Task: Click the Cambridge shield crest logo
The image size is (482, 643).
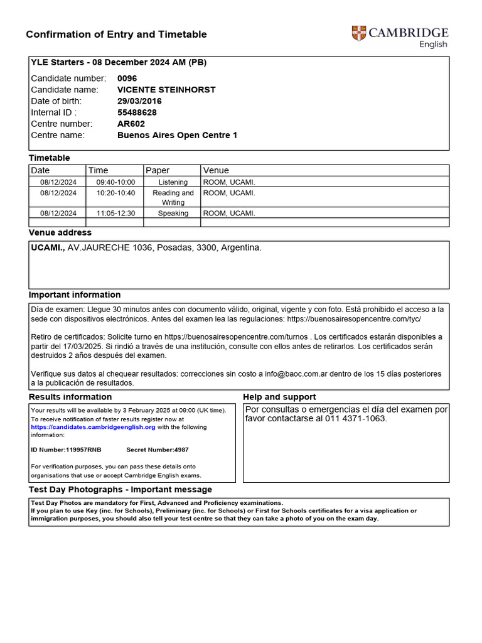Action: pyautogui.click(x=359, y=33)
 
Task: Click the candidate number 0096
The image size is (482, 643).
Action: pyautogui.click(x=127, y=78)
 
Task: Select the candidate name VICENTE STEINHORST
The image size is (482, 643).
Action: pyautogui.click(x=166, y=90)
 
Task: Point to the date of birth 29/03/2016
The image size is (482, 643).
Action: pyautogui.click(x=139, y=101)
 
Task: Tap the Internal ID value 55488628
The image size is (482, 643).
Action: pyautogui.click(x=137, y=112)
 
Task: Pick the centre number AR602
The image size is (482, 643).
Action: pyautogui.click(x=131, y=124)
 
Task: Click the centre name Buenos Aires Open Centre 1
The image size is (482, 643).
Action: pyautogui.click(x=177, y=135)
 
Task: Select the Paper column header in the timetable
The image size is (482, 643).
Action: pyautogui.click(x=158, y=170)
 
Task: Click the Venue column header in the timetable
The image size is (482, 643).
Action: pyautogui.click(x=216, y=170)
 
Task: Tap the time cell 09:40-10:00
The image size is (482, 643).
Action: pyautogui.click(x=115, y=182)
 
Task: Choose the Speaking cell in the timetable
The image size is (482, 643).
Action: pyautogui.click(x=173, y=213)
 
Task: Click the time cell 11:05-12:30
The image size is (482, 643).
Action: pyautogui.click(x=115, y=213)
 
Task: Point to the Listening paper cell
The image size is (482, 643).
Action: pyautogui.click(x=173, y=182)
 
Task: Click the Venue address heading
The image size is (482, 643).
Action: pyautogui.click(x=60, y=233)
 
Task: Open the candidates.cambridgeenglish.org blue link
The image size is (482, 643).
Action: pyautogui.click(x=93, y=427)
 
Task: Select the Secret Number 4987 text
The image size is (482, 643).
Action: pyautogui.click(x=157, y=450)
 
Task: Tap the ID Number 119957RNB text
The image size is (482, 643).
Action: pyautogui.click(x=66, y=450)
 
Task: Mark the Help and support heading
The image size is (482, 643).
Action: pyautogui.click(x=279, y=397)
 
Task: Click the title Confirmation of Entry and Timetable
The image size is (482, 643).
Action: pyautogui.click(x=116, y=35)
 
